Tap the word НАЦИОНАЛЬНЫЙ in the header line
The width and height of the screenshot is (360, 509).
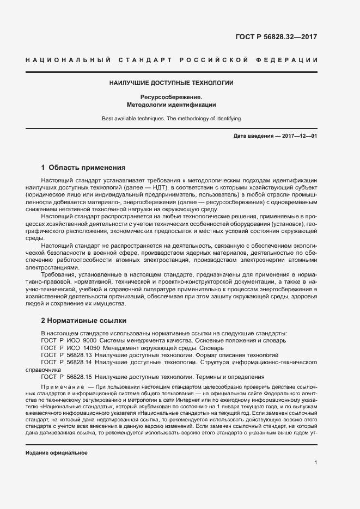click(x=68, y=59)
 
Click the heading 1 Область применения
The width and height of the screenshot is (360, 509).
click(x=83, y=167)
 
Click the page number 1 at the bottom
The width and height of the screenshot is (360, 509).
click(x=316, y=463)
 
